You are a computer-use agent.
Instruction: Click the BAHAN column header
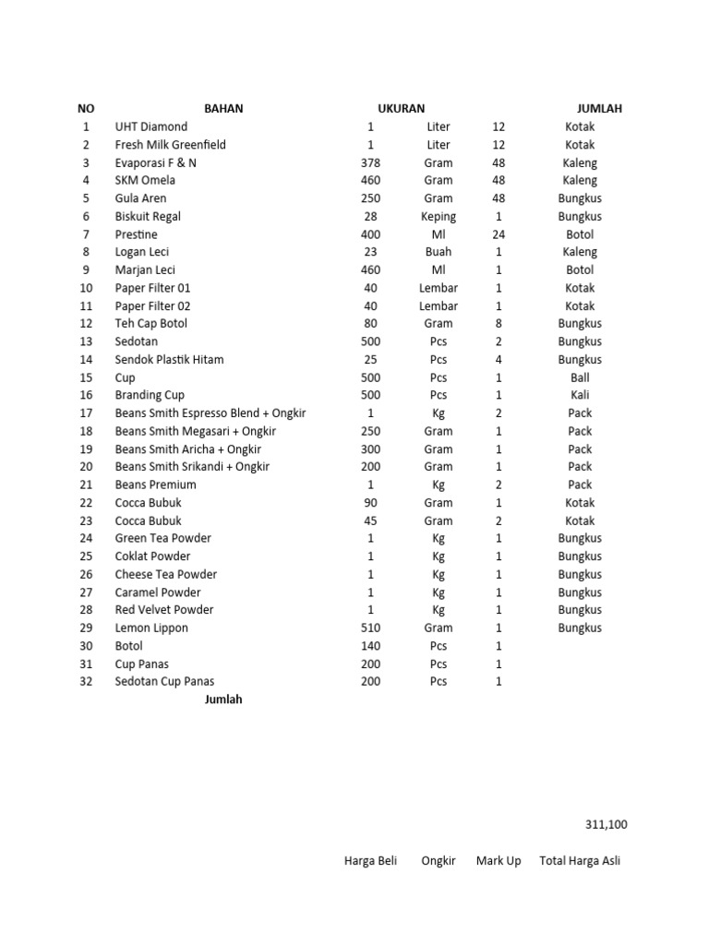(223, 108)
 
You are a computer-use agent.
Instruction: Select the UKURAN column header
(401, 108)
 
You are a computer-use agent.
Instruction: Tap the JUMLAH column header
(599, 108)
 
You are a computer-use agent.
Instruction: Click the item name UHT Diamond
(150, 126)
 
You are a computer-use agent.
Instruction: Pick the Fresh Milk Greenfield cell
(170, 144)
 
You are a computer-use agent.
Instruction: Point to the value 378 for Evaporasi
(370, 162)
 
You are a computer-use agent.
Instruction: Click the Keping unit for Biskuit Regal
(439, 216)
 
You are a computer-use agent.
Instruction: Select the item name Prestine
(136, 234)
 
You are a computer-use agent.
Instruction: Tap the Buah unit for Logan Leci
(439, 252)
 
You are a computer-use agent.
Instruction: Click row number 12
(87, 323)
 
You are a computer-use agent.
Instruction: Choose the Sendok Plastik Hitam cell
(169, 359)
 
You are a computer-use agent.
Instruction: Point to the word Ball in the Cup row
(580, 377)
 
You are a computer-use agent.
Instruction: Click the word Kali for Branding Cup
(580, 395)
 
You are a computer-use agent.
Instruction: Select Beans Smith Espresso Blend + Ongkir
(210, 413)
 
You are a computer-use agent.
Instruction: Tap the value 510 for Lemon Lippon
(370, 628)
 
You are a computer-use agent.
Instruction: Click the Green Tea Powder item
(162, 538)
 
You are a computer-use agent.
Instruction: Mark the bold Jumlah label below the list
(223, 700)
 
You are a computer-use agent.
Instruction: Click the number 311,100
(606, 824)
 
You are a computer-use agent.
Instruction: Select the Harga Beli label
(370, 860)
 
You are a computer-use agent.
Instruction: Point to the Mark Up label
(499, 860)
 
